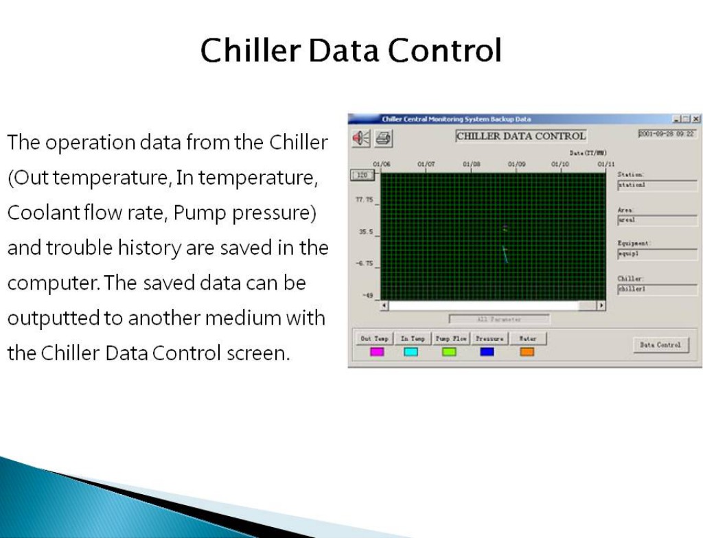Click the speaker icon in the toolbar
(361, 138)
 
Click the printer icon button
(382, 138)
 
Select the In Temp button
(413, 338)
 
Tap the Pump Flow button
(450, 338)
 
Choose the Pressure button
(489, 338)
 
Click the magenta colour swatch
(377, 352)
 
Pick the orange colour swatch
(527, 352)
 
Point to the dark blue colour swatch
(487, 352)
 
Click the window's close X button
(696, 119)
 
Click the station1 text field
(657, 185)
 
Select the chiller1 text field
(657, 290)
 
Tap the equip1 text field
(657, 253)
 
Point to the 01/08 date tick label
(471, 164)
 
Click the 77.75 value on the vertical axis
(363, 200)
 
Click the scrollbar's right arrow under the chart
(602, 305)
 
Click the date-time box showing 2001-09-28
(667, 135)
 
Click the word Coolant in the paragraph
(43, 213)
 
